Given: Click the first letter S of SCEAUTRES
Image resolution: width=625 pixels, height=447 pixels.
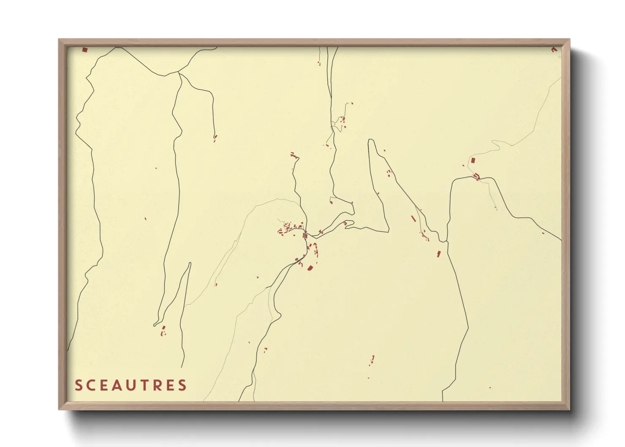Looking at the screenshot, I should pyautogui.click(x=78, y=385).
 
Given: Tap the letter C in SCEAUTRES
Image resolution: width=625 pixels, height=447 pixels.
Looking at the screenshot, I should pyautogui.click(x=90, y=385).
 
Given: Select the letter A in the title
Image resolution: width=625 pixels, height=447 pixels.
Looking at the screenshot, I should pyautogui.click(x=116, y=385).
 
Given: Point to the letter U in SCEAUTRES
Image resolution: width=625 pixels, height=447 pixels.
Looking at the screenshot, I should pyautogui.click(x=130, y=385).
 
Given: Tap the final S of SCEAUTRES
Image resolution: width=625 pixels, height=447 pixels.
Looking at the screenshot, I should pyautogui.click(x=182, y=385).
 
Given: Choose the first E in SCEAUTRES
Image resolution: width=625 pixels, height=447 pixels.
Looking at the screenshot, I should pyautogui.click(x=103, y=385).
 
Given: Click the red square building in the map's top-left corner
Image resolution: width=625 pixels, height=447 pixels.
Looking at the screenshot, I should pyautogui.click(x=84, y=49).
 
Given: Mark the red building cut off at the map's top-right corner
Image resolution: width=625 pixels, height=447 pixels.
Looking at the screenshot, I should pyautogui.click(x=554, y=49).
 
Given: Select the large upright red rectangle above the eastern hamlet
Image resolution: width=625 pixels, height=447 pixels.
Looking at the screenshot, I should pyautogui.click(x=473, y=161).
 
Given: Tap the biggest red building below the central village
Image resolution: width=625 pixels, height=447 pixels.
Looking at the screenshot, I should pyautogui.click(x=310, y=268).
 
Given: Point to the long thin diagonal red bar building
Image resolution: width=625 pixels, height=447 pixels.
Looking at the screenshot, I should pyautogui.click(x=413, y=218).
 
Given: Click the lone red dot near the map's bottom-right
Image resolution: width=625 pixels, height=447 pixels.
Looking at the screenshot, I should pyautogui.click(x=490, y=387).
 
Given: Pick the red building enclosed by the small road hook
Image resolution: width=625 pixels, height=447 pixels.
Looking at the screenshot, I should pyautogui.click(x=345, y=223).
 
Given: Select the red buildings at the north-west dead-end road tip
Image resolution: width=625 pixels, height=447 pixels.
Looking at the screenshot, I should pyautogui.click(x=215, y=137).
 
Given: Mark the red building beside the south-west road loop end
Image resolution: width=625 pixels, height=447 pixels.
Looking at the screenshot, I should pyautogui.click(x=163, y=328).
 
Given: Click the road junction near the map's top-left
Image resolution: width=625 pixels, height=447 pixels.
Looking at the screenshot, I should pyautogui.click(x=179, y=73).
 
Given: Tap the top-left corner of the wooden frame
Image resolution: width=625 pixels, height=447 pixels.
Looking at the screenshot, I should pyautogui.click(x=59, y=39).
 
